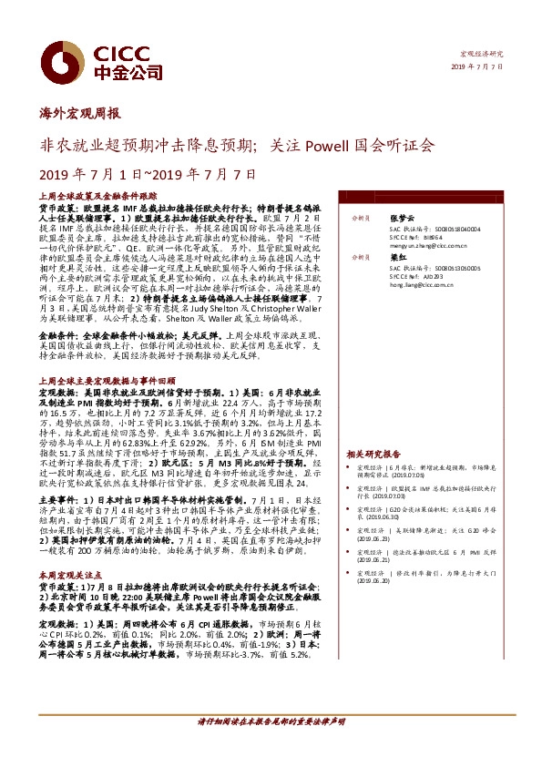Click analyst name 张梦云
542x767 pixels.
pos(402,219)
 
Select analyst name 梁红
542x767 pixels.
pos(397,258)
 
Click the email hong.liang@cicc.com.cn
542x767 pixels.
pos(422,285)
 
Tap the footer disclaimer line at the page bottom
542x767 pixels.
pos(271,746)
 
